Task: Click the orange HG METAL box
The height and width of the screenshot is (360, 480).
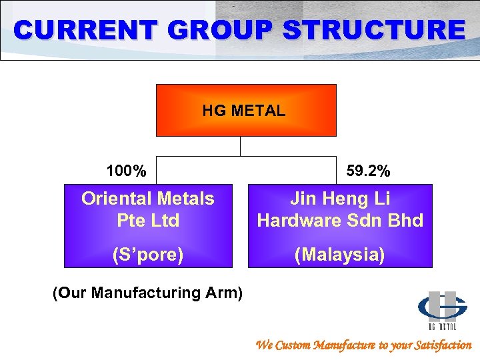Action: [x=246, y=111]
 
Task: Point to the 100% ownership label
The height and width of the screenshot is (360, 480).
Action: [x=126, y=171]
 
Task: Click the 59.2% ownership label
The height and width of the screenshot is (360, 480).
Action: [x=369, y=171]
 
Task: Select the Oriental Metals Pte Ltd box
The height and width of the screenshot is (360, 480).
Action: [x=148, y=225]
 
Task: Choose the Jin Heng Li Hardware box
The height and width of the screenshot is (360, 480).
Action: [x=340, y=225]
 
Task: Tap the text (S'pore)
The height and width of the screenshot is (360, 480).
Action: [x=148, y=255]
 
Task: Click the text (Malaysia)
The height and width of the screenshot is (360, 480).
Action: [x=340, y=255]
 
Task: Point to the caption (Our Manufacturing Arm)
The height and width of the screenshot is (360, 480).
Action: [x=147, y=292]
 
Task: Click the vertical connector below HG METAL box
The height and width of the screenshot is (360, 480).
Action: [x=241, y=146]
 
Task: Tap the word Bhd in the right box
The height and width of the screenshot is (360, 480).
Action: [x=406, y=221]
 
